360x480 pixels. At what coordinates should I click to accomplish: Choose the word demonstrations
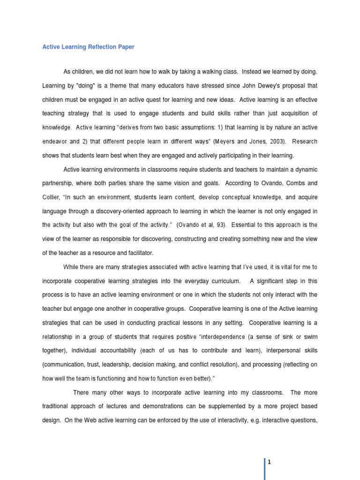point(182,406)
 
